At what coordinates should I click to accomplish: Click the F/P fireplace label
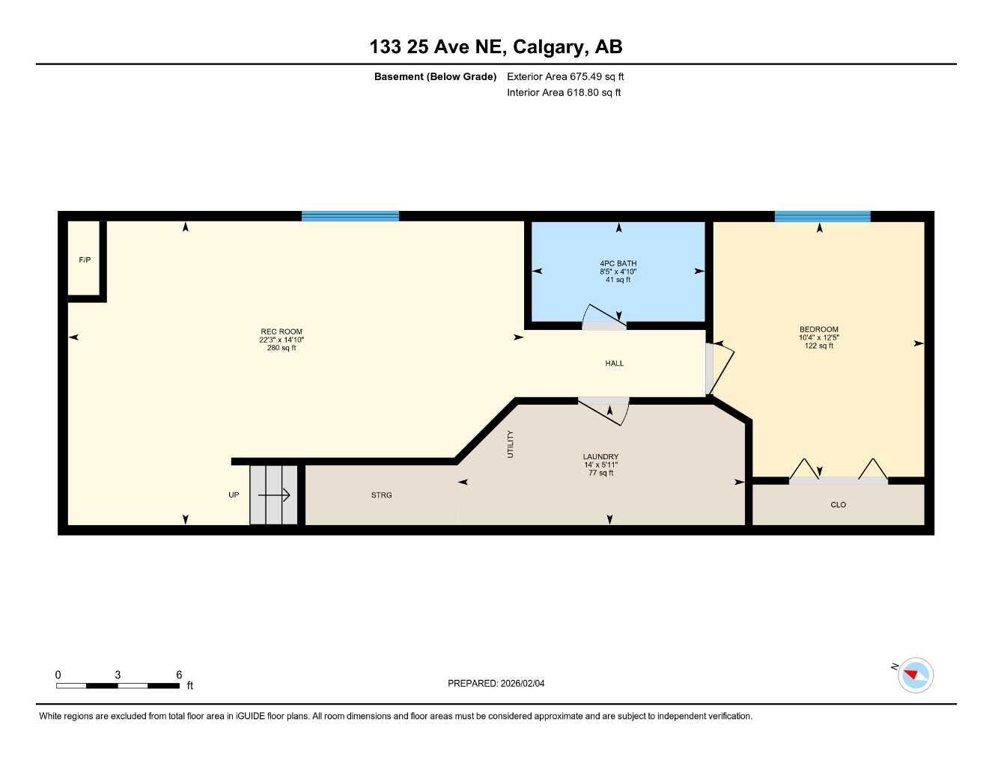85,260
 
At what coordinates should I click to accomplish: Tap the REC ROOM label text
282,331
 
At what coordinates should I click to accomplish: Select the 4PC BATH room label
618,263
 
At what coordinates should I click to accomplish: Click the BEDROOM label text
818,329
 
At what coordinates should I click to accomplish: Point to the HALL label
614,364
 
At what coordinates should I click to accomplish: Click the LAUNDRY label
600,456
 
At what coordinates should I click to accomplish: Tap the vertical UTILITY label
511,444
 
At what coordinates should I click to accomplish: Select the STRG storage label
381,495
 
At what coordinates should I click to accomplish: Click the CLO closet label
838,505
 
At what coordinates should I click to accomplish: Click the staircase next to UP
274,494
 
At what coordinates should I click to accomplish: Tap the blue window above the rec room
350,216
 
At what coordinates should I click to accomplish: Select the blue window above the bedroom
822,216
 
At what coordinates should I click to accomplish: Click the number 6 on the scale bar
179,675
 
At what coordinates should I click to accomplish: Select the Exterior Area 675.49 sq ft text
565,76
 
